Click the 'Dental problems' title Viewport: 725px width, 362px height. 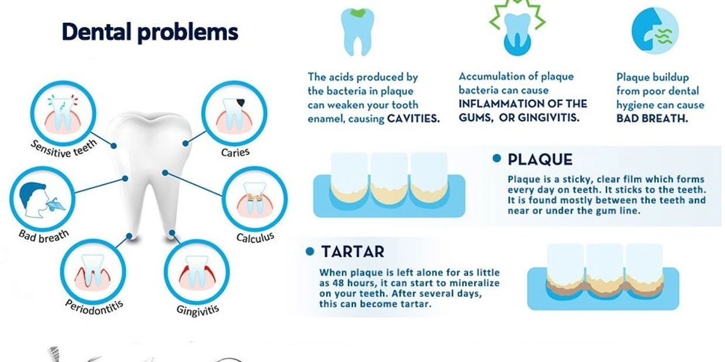[150, 32]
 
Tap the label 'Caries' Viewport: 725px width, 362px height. [235, 152]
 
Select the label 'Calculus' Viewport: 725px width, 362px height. [255, 238]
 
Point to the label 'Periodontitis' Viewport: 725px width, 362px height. [94, 308]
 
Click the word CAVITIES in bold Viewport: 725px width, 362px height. [413, 119]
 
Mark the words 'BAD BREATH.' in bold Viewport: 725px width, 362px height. [652, 119]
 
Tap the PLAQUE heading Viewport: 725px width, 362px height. [540, 159]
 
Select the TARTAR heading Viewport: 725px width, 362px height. [353, 252]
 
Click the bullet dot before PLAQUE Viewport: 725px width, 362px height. [497, 158]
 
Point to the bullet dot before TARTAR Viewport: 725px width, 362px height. [310, 251]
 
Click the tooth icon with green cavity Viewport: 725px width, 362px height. [357, 32]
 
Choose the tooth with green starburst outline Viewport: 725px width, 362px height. [517, 27]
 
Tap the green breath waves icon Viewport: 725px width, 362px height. [663, 36]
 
